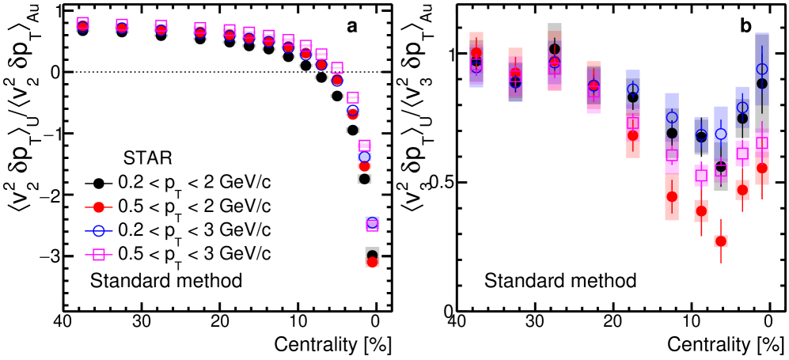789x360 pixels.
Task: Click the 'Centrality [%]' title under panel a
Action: pos(333,346)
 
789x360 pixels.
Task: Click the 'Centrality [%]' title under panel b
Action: pos(726,346)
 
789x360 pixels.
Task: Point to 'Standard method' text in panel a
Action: pos(165,280)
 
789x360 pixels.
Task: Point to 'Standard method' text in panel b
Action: pos(560,280)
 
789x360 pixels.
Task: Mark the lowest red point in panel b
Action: pos(720,241)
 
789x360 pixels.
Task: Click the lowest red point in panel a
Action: pos(372,262)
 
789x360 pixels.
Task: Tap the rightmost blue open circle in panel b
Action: pos(762,70)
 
